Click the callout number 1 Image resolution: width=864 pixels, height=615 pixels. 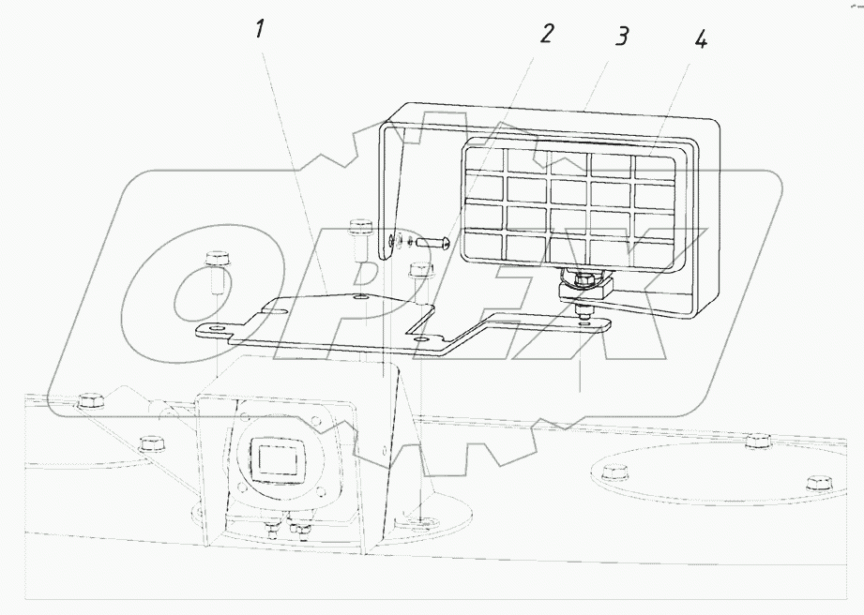[x=260, y=29]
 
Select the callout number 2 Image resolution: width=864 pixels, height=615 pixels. [x=546, y=34]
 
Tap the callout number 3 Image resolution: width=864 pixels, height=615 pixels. [x=622, y=37]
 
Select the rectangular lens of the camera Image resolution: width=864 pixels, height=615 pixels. [x=279, y=459]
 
